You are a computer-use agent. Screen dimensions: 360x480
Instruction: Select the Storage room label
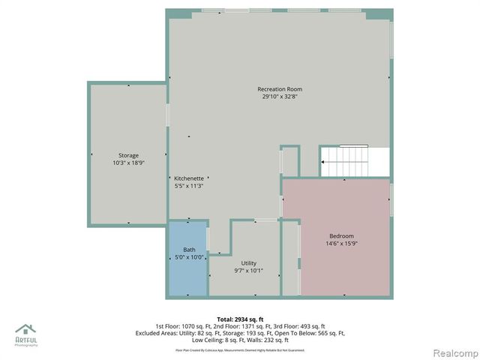pos(128,155)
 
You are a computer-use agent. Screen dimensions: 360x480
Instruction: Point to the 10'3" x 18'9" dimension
pos(128,163)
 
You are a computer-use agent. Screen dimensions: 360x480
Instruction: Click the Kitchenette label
pos(189,178)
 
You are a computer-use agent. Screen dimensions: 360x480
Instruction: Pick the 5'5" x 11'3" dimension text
pos(189,186)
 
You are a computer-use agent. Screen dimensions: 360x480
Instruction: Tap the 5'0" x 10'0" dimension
pos(189,257)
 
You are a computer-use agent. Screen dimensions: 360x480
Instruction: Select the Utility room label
pos(249,263)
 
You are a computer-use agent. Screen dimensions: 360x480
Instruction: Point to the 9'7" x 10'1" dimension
pos(249,271)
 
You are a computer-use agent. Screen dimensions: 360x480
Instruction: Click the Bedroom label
pos(340,235)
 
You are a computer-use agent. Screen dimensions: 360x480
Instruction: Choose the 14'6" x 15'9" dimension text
pos(340,243)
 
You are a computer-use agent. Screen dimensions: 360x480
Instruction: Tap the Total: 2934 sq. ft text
pos(239,319)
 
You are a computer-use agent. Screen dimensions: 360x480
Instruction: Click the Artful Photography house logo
pos(25,330)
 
